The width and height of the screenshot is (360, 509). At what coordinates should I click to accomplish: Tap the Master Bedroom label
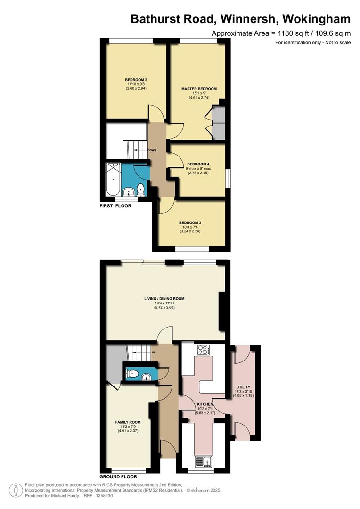199,89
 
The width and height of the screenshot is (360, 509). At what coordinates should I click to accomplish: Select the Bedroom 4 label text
198,164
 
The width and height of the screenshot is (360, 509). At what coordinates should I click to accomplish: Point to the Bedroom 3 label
190,223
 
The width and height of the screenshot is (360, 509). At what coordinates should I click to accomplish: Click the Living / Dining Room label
164,299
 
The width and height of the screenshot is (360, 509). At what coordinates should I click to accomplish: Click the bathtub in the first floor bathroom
113,179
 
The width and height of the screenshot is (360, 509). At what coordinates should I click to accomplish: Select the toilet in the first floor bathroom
140,190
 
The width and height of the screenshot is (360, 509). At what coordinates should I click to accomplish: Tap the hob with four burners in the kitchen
203,350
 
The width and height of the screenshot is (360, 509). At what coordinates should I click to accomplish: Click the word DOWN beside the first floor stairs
152,150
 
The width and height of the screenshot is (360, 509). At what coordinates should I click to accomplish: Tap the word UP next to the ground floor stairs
154,352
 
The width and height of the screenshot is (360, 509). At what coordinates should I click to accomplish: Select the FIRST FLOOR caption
115,206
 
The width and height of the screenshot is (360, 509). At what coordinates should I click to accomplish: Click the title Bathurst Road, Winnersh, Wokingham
240,19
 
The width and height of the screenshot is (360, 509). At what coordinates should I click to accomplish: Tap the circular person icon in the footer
16,490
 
